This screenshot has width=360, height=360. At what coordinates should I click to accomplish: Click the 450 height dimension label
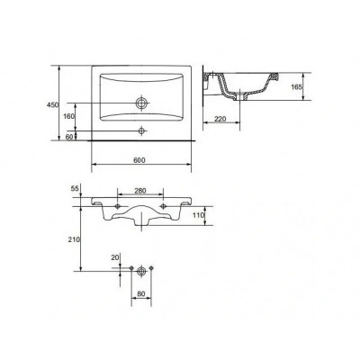coord(52,105)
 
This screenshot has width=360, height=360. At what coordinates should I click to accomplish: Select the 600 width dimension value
coord(139,160)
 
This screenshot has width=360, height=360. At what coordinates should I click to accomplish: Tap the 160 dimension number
coord(68,116)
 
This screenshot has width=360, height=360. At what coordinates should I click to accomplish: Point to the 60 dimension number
coord(69,137)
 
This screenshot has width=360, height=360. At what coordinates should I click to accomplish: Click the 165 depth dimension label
coord(296,87)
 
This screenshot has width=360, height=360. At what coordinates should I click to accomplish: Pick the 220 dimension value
coord(220,119)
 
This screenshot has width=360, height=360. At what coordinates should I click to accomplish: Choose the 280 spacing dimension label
coord(139,191)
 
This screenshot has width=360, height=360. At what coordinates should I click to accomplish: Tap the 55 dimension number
coord(75,188)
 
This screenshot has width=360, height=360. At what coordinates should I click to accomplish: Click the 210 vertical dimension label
coord(74,239)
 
